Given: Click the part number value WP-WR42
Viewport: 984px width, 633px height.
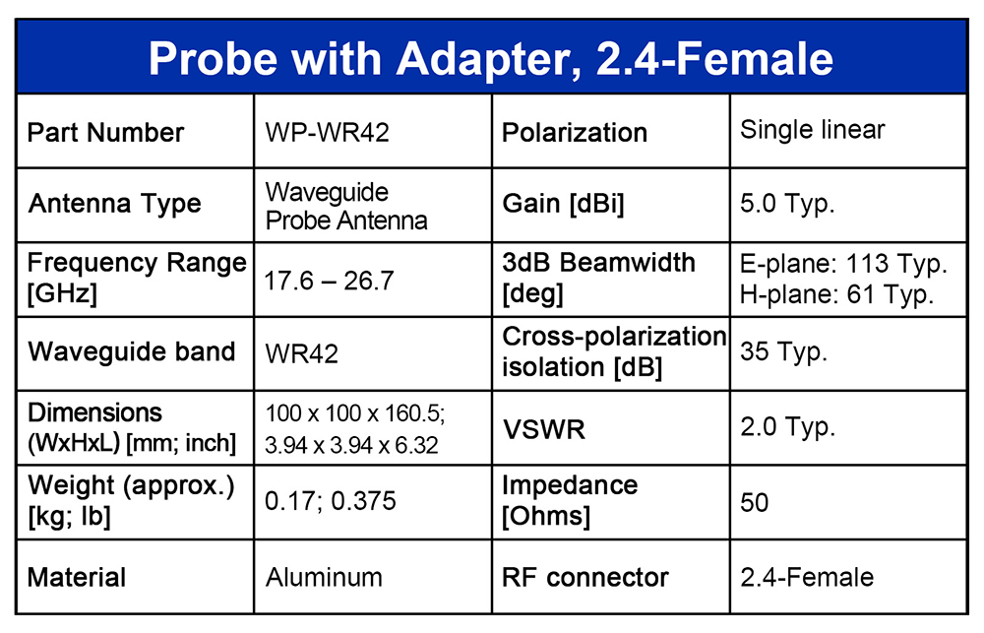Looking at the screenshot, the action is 327,132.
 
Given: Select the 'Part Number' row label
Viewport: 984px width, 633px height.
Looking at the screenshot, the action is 105,133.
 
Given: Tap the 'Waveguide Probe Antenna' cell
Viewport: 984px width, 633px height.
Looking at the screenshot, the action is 345,206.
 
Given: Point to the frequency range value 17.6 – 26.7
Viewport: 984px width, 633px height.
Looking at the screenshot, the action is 329,281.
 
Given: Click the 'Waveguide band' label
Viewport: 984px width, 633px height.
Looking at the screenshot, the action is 131,351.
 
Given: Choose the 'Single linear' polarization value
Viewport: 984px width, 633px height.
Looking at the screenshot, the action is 812,129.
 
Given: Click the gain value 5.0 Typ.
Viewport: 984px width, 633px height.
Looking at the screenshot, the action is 787,204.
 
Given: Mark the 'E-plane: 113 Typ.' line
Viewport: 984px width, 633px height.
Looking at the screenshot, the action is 843,264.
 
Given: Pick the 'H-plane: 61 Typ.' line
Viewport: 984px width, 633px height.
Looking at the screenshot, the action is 836,294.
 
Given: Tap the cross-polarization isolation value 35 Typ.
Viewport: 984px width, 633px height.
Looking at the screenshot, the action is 784,351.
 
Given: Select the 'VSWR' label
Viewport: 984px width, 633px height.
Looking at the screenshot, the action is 543,429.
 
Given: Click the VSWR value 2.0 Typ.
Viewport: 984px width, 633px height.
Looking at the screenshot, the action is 787,427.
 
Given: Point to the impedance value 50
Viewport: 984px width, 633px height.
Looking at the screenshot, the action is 755,502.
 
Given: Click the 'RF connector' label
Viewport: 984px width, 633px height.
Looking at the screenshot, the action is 584,577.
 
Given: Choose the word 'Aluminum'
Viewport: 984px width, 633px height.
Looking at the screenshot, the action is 324,577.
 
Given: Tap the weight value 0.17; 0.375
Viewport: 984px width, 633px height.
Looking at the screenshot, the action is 331,501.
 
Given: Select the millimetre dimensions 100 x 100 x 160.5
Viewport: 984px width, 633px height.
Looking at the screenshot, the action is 354,413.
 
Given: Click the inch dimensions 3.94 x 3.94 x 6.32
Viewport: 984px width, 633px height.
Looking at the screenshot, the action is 351,445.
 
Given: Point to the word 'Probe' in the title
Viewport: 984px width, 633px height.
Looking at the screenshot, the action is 213,58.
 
